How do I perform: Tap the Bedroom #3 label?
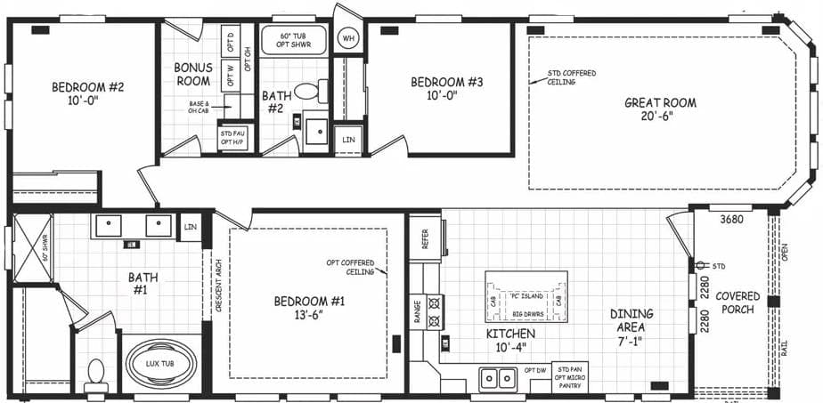(x=446, y=89)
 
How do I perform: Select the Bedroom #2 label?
(x=87, y=93)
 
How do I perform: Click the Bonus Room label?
(x=192, y=74)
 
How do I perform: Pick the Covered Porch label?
(x=737, y=302)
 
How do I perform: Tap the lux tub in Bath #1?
(x=161, y=363)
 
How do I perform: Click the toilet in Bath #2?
(x=307, y=92)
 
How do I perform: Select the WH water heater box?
(x=348, y=38)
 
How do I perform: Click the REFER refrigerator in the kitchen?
(x=426, y=238)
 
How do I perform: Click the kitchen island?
(x=526, y=297)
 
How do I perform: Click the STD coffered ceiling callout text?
(x=572, y=77)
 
